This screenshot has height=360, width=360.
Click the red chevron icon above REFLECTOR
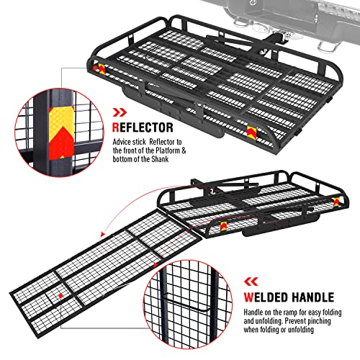click(x=120, y=112)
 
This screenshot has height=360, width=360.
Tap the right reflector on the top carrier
click(x=250, y=132)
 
